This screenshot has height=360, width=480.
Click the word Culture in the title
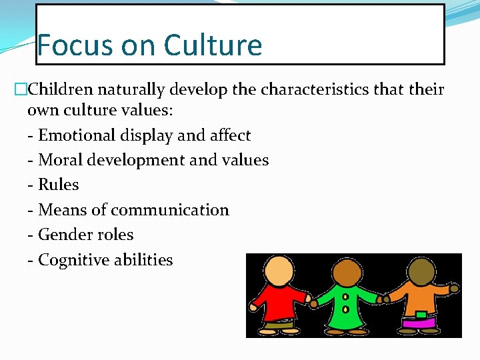click(213, 45)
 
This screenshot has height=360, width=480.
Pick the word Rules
click(59, 185)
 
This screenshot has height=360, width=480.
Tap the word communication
click(170, 210)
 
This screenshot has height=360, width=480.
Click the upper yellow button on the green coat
click(345, 297)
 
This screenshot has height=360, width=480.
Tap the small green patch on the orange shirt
click(421, 314)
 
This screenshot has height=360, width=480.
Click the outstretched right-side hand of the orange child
click(454, 289)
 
